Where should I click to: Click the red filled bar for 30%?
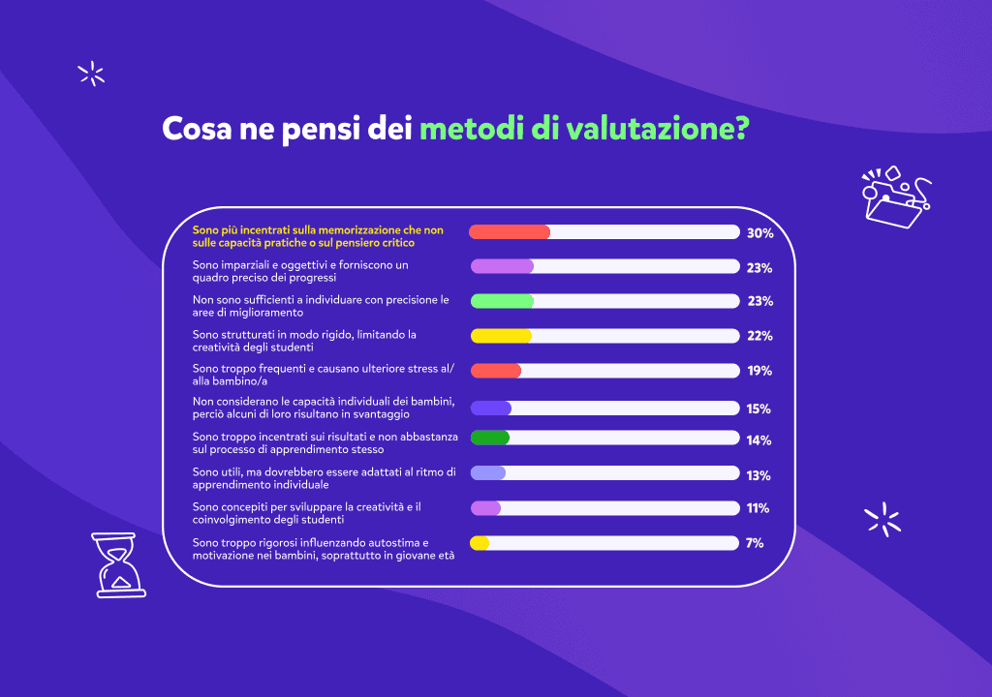click(510, 232)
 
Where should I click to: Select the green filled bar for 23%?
click(502, 301)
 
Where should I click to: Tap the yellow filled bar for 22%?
click(501, 336)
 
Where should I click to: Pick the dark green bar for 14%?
click(490, 438)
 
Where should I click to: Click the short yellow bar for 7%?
click(480, 543)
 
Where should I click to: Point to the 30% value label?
click(759, 233)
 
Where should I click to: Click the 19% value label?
click(759, 371)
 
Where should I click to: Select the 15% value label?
click(759, 409)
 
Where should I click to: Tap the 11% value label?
click(758, 508)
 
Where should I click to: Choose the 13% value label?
click(759, 475)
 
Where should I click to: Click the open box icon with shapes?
click(893, 197)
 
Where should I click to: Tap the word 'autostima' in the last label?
click(395, 542)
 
